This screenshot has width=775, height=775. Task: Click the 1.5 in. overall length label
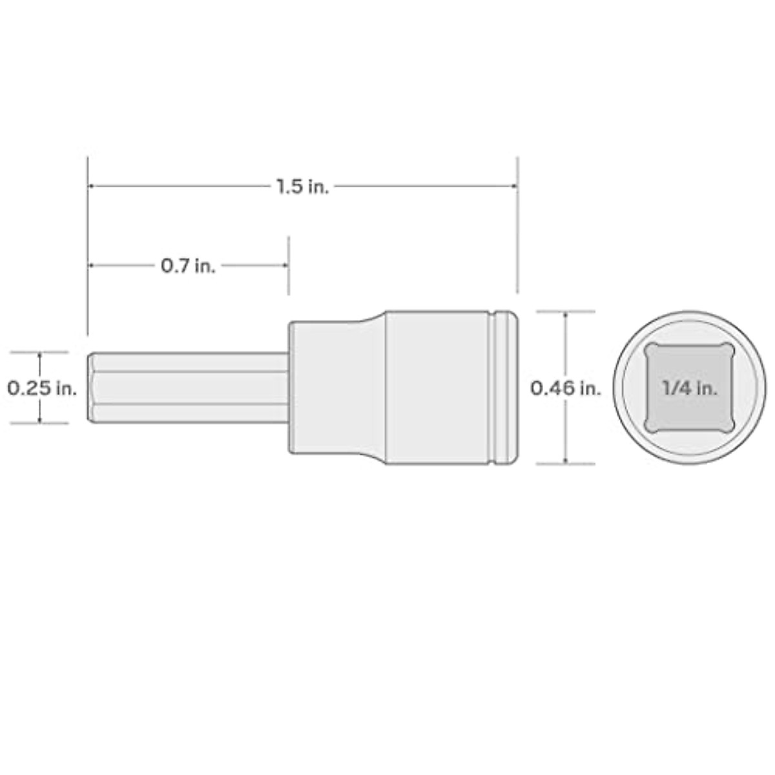(303, 187)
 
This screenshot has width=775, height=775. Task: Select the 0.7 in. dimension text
(188, 265)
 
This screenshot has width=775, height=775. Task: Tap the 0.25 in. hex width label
(42, 388)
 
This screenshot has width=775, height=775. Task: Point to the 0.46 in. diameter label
(566, 387)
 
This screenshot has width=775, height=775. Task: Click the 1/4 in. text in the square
(690, 388)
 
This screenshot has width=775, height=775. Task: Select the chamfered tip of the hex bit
(91, 387)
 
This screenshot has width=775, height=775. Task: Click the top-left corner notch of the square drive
(648, 349)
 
